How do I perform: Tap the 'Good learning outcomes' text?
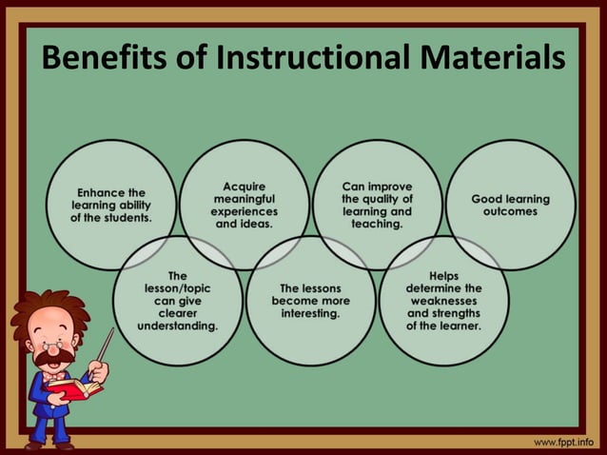click(510, 205)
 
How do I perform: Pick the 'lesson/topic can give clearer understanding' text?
click(177, 300)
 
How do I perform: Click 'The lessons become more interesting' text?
click(310, 300)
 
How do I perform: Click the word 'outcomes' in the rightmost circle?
click(510, 211)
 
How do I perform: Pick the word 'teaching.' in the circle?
click(377, 225)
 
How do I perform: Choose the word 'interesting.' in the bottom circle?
click(310, 313)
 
